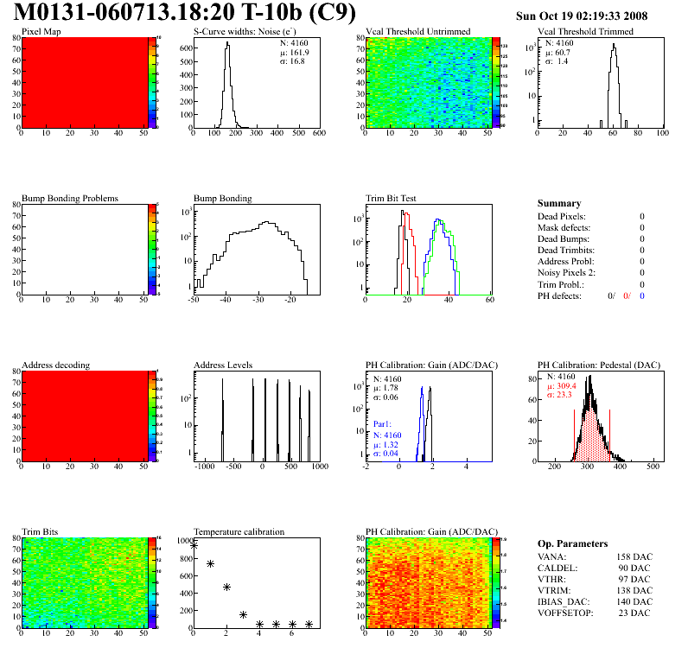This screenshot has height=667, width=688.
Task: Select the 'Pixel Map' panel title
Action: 41,32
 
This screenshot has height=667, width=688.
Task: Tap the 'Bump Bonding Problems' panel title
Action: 70,198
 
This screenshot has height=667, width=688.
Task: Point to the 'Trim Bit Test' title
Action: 392,198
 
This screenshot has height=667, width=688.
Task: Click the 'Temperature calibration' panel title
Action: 239,531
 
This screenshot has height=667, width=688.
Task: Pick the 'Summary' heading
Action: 559,203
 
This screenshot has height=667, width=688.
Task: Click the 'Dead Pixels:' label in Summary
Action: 562,216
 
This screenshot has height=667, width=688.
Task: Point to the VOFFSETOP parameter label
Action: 565,613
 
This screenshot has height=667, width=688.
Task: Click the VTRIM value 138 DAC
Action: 633,590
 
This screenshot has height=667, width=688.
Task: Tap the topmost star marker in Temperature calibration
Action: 194,545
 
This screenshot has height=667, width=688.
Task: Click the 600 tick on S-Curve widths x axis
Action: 319,133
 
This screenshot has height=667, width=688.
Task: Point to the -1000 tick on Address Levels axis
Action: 204,467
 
